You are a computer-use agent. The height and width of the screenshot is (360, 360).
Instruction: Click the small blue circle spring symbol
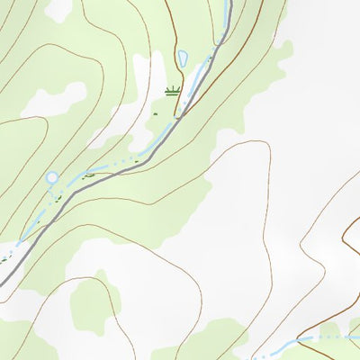51,178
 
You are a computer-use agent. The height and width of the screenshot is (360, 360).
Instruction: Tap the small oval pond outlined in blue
183,58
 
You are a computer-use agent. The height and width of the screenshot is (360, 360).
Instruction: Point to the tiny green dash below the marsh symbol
156,115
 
